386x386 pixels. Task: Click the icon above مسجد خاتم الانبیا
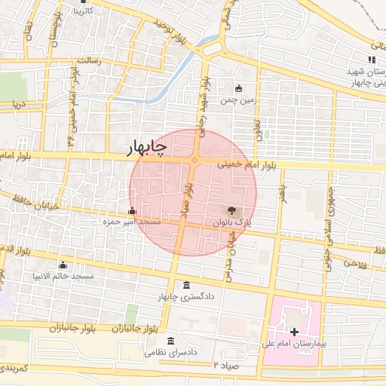click(63, 265)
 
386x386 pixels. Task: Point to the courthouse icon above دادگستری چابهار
click(187, 284)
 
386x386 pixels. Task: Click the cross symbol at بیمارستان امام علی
click(293, 331)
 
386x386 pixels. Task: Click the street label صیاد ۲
click(225, 364)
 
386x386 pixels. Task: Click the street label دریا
click(18, 103)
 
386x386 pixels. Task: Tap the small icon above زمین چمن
click(239, 88)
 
